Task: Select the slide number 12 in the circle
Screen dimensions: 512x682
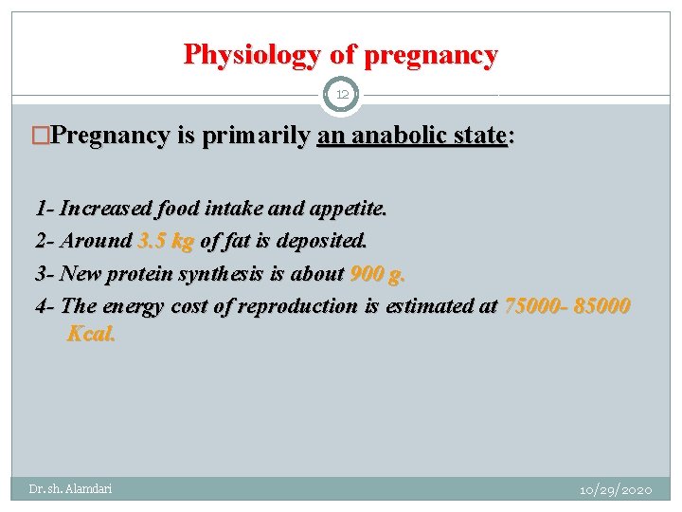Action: tap(342, 95)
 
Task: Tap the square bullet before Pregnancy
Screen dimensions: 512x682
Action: tap(41, 137)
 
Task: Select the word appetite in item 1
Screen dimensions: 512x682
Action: tap(349, 207)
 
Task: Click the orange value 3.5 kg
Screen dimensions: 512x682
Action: tap(166, 240)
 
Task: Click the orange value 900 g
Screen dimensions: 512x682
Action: tap(377, 273)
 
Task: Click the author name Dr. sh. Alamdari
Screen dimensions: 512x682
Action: tap(70, 488)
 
